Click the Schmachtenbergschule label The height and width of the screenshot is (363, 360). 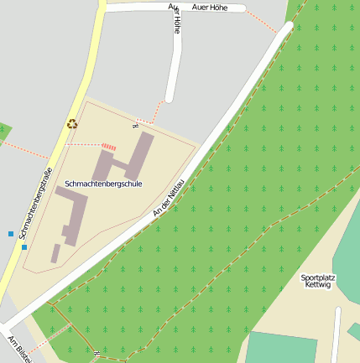click(x=103, y=183)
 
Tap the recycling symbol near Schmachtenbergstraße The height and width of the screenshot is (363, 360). click(x=72, y=124)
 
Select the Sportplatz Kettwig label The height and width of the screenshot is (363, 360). click(x=318, y=281)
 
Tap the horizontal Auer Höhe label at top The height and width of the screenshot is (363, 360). click(x=210, y=8)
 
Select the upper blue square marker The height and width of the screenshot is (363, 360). click(x=11, y=233)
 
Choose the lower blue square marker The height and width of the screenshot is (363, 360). click(x=24, y=246)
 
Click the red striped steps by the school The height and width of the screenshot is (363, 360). click(x=109, y=146)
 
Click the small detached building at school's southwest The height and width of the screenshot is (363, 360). click(x=55, y=252)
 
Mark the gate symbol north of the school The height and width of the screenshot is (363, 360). click(x=134, y=126)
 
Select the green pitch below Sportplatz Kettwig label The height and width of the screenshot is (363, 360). click(x=283, y=347)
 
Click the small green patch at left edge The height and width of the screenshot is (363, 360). click(x=4, y=130)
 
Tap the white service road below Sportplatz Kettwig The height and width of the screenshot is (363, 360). click(x=337, y=335)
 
